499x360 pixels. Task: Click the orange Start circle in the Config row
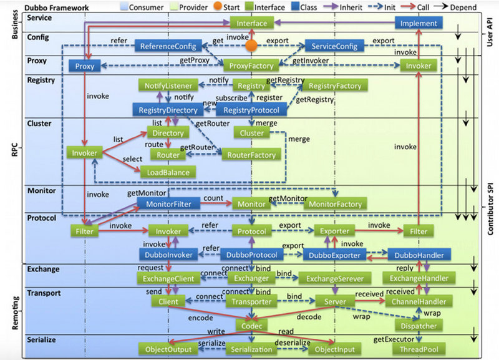tap(251, 46)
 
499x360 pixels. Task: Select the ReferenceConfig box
tap(168, 46)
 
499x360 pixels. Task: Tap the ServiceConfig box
tap(334, 46)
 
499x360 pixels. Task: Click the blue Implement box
tap(419, 23)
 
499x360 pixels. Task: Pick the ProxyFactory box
tap(251, 66)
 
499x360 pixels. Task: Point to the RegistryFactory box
tap(335, 85)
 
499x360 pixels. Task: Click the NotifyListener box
tap(168, 85)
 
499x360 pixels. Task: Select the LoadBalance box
tap(168, 172)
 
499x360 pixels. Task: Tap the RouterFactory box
tap(251, 155)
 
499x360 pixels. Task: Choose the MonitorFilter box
tap(168, 204)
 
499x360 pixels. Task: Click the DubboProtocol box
tap(251, 255)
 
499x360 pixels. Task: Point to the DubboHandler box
tap(419, 255)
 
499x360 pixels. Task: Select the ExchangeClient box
tap(168, 278)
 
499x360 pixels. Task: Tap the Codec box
tap(251, 326)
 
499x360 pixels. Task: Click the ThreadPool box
tap(419, 349)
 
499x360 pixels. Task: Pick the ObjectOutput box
tap(168, 349)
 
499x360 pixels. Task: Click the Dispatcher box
tap(419, 326)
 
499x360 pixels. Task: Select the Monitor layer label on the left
tap(41, 191)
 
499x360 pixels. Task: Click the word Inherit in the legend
tap(351, 7)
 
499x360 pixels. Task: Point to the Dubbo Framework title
tap(57, 7)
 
